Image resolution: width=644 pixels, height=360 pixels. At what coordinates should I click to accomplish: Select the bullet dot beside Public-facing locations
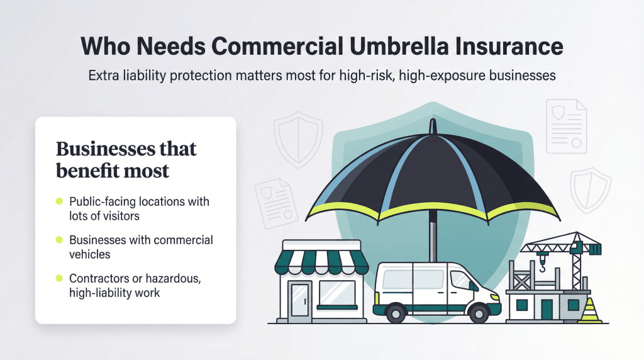pyautogui.click(x=59, y=201)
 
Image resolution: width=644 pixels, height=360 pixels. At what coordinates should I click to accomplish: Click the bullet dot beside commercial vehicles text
pyautogui.click(x=59, y=240)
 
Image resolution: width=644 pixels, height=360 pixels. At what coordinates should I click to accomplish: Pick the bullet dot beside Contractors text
pyautogui.click(x=59, y=278)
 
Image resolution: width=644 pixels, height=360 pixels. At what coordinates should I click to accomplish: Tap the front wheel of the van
pyautogui.click(x=480, y=312)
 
